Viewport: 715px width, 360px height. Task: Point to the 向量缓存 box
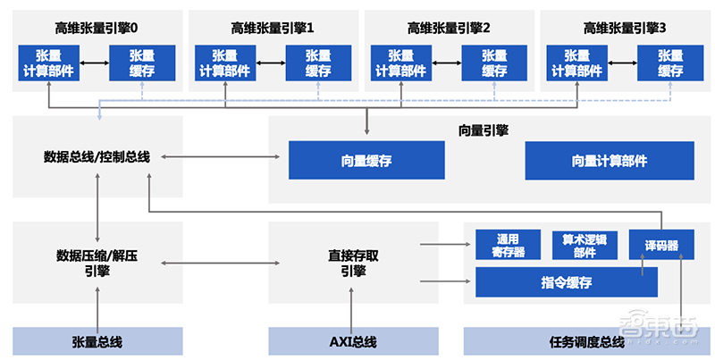(x=366, y=162)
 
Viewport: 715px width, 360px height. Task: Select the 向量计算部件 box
(x=610, y=162)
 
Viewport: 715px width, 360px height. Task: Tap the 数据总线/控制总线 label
(x=97, y=157)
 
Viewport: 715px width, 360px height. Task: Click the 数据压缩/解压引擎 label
(x=97, y=263)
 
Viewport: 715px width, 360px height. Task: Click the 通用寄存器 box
(x=509, y=246)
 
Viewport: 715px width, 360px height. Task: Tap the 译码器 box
(x=660, y=246)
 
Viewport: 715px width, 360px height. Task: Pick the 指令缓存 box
(x=566, y=283)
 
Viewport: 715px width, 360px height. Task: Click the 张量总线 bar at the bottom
(x=97, y=341)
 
